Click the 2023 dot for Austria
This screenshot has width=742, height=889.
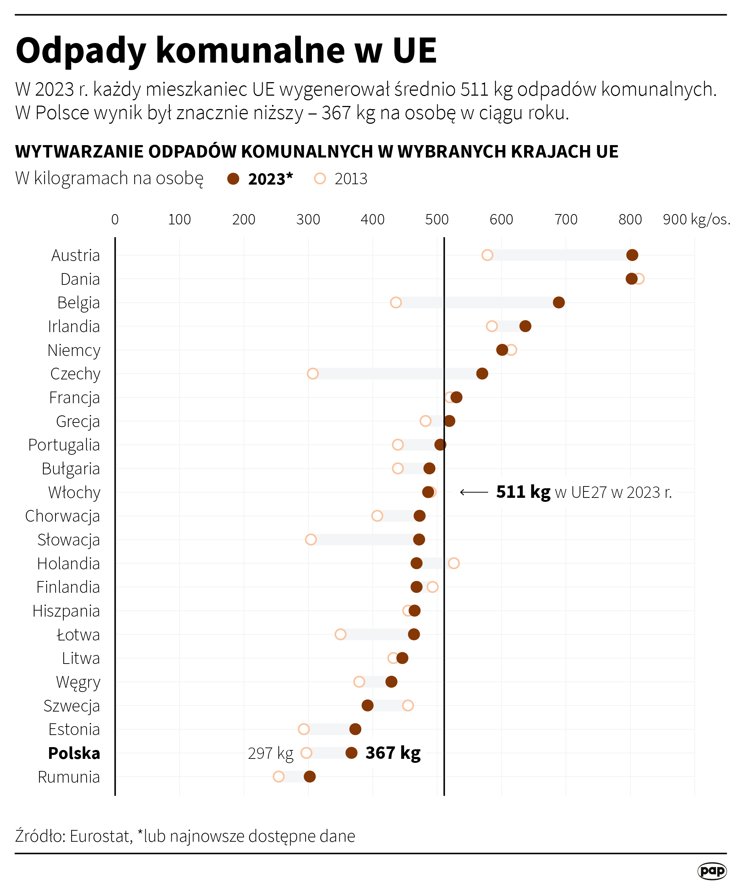click(x=632, y=255)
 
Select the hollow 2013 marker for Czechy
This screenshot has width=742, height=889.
click(x=313, y=373)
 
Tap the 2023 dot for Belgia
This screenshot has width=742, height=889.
click(x=559, y=302)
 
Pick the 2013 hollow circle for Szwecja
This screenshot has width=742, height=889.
click(x=408, y=705)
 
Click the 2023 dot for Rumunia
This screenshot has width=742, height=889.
click(x=309, y=776)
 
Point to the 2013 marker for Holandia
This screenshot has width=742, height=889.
click(x=453, y=563)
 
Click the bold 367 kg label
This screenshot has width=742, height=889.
click(x=393, y=753)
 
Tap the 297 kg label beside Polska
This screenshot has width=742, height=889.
click(x=270, y=753)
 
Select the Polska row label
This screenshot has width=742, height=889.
click(x=74, y=753)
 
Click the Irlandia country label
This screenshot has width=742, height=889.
click(x=74, y=326)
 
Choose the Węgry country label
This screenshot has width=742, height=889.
click(x=78, y=682)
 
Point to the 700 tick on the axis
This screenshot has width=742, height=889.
click(x=566, y=219)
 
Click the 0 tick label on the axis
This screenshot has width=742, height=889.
click(x=115, y=219)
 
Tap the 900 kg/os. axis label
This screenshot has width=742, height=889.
click(x=696, y=219)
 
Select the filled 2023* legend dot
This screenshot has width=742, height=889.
click(x=233, y=179)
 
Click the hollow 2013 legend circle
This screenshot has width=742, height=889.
click(x=320, y=179)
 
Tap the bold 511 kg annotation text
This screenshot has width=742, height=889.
click(x=523, y=492)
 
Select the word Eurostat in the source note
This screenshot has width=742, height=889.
click(x=101, y=836)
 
